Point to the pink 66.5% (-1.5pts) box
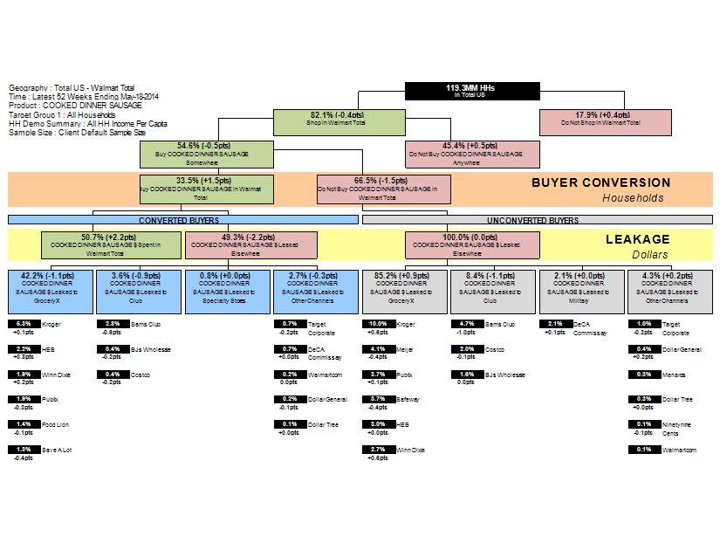(x=383, y=189)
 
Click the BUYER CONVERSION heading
(x=600, y=183)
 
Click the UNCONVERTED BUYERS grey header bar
(x=532, y=220)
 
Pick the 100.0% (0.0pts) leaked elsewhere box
(x=471, y=244)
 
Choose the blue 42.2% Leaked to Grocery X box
(x=50, y=292)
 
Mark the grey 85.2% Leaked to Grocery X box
(x=404, y=292)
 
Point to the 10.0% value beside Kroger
(x=378, y=324)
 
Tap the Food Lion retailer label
(x=56, y=424)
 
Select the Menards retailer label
(x=673, y=375)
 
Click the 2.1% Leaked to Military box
(x=581, y=292)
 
